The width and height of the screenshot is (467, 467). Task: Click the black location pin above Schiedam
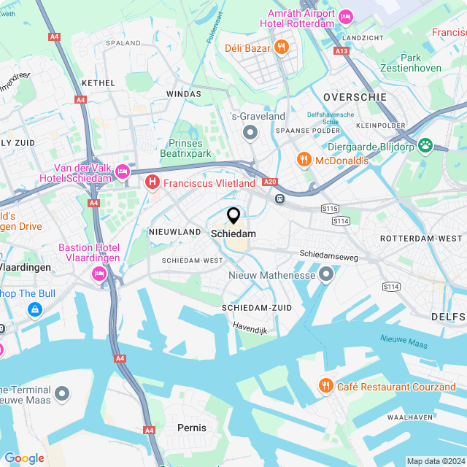point(233,216)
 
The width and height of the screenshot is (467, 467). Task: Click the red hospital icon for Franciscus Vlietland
point(153,182)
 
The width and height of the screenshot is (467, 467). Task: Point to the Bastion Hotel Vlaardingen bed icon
point(99,274)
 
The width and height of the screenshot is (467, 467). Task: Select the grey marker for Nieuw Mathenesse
point(325,275)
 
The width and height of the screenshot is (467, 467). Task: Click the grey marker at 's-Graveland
point(250,133)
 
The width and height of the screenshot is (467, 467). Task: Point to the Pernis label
point(192,428)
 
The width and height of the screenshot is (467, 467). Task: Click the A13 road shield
point(341,50)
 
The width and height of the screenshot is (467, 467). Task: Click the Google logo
point(24,458)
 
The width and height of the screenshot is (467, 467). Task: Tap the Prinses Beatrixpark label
point(185,148)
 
